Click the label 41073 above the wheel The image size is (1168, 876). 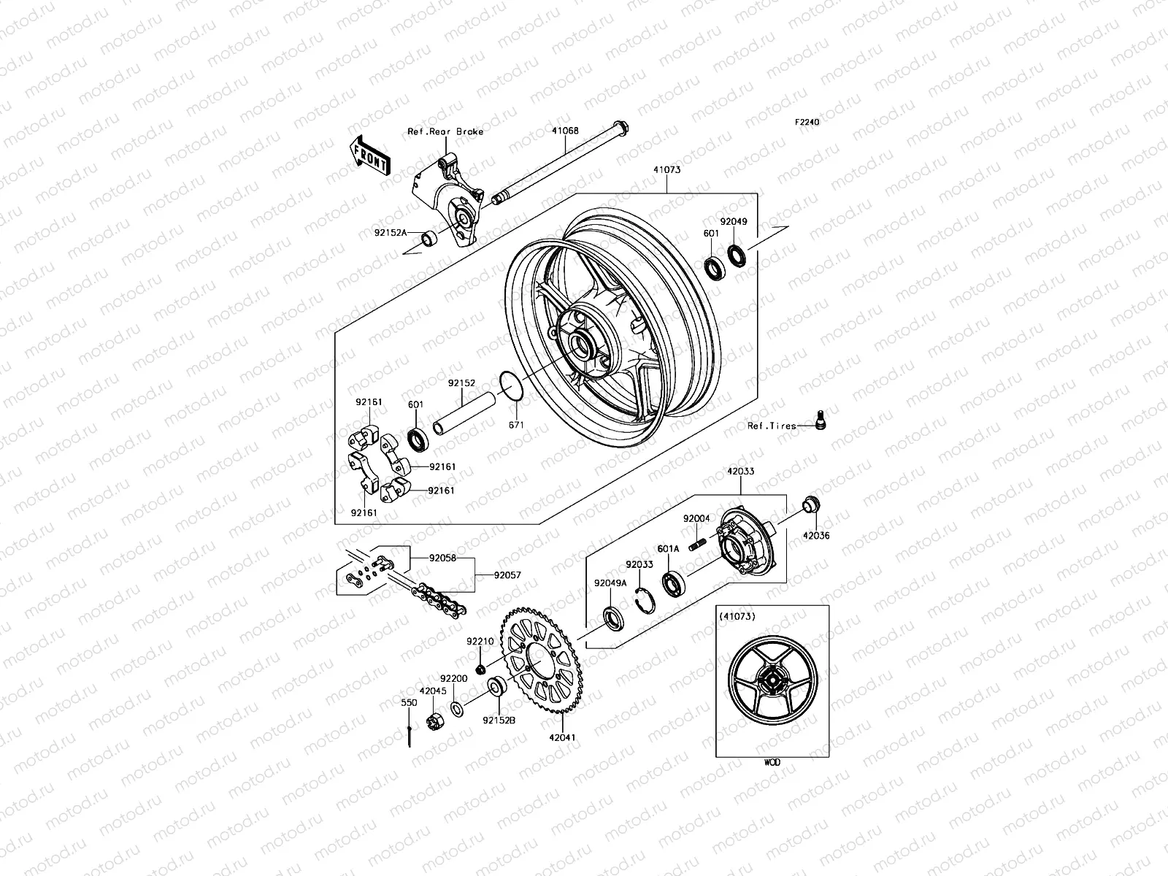click(666, 170)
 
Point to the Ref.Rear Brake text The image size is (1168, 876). click(466, 131)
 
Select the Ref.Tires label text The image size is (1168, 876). click(772, 426)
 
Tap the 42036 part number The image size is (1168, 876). click(817, 535)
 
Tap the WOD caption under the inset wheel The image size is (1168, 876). click(772, 762)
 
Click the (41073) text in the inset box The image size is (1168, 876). click(737, 616)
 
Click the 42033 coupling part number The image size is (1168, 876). click(740, 472)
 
